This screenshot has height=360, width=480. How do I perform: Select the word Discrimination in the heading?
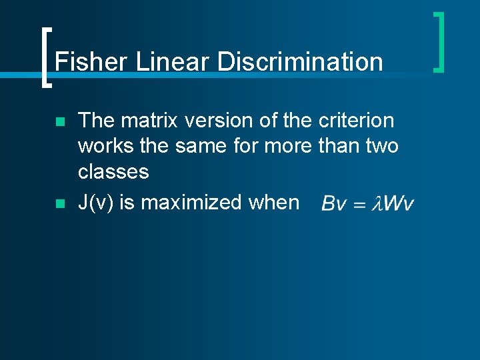pyautogui.click(x=300, y=62)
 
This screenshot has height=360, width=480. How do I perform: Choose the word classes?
pyautogui.click(x=113, y=171)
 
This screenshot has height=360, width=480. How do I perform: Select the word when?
pyautogui.click(x=274, y=202)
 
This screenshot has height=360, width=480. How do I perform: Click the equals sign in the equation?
pyautogui.click(x=360, y=203)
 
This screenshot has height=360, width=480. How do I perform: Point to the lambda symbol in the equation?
pyautogui.click(x=378, y=203)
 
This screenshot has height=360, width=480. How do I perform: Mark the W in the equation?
pyautogui.click(x=394, y=203)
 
